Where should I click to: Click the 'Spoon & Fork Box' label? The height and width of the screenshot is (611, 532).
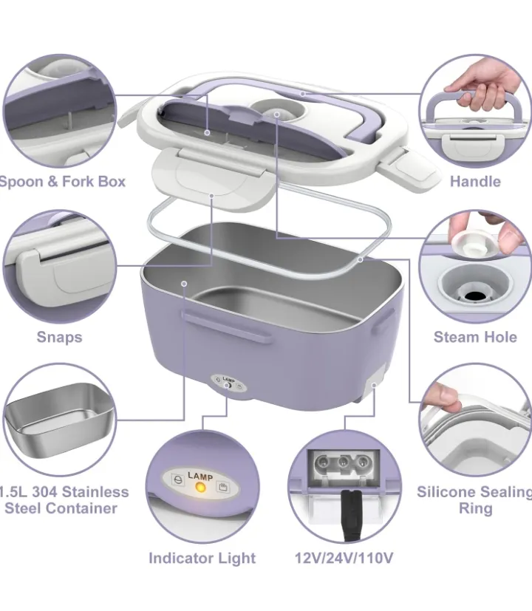pos(63,181)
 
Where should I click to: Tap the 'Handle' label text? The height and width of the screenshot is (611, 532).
pos(475,181)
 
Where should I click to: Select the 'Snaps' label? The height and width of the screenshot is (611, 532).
pos(59,337)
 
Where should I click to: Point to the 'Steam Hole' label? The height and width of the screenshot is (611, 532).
pos(475,337)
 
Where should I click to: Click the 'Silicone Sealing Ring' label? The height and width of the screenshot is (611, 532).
pos(474,500)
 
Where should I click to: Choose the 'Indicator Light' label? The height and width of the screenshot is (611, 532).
pos(202,558)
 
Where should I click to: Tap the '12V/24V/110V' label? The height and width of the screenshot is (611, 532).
pos(344,558)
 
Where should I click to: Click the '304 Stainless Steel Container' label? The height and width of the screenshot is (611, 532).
pos(63,500)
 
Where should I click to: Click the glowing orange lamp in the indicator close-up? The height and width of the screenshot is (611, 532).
pos(199,488)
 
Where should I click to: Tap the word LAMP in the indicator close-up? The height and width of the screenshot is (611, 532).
pos(200,477)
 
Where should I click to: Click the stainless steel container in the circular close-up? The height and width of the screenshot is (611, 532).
pos(58,417)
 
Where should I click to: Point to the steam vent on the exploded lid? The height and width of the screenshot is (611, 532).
pos(276,114)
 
